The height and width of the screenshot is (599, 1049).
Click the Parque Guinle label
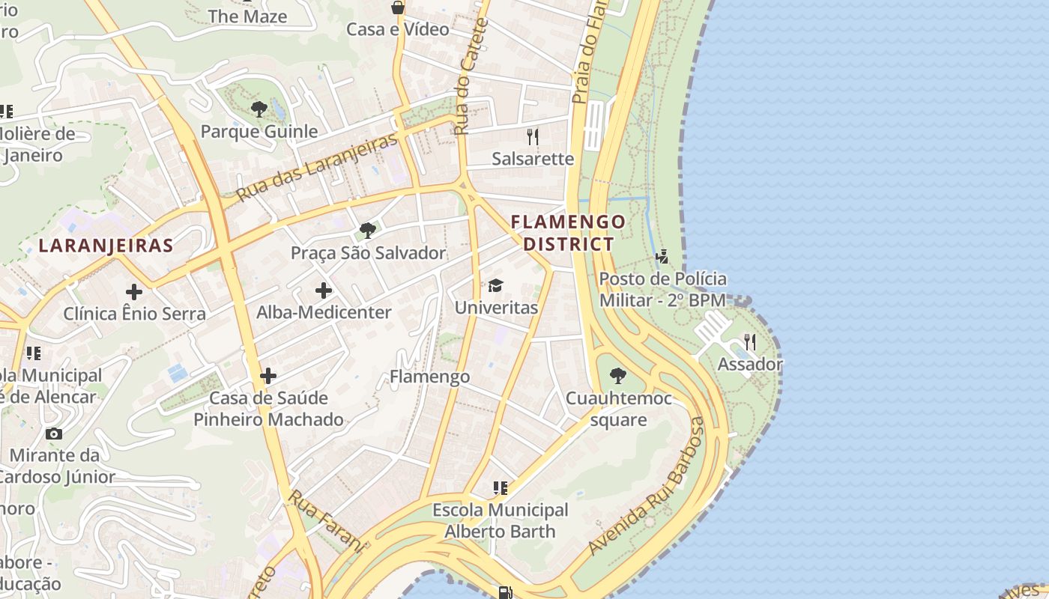pos(259,132)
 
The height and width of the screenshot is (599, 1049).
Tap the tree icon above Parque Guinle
pos(259,109)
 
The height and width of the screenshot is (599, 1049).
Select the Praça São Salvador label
pos(368,253)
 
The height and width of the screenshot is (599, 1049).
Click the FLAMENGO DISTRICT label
pos(568,233)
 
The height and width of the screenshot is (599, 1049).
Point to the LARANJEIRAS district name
pos(106,245)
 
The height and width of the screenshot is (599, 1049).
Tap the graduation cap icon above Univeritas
pos(495,285)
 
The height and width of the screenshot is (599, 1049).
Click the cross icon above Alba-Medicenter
pos(324,291)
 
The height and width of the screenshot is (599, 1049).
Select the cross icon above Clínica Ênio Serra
pos(134,291)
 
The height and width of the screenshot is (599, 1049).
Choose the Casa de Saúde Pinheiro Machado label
pos(268,408)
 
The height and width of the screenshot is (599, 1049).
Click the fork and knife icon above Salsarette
pos(533,136)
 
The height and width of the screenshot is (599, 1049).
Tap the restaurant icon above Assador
pos(749,343)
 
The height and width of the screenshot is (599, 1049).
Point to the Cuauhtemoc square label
pos(619,409)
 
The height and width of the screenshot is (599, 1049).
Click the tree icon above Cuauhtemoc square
pos(618,376)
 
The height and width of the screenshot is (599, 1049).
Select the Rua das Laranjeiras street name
pos(316,168)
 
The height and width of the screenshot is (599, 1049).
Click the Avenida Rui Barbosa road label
pos(647,487)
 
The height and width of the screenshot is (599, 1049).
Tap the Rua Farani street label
pos(327,521)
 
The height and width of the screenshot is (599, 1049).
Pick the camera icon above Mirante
pos(54,434)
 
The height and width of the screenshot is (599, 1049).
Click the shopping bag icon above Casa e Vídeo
pos(398,7)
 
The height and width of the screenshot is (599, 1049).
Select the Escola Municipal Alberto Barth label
pos(501,520)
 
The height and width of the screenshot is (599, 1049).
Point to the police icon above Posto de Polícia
pos(662,257)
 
